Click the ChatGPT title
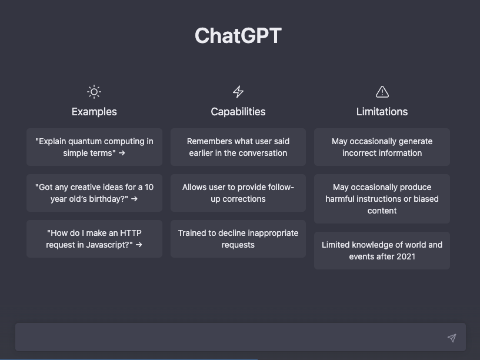(238, 36)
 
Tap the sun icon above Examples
(94, 92)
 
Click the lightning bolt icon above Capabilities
(238, 92)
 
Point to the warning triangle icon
(382, 92)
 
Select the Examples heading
(94, 112)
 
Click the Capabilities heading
(238, 112)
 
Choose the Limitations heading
(382, 112)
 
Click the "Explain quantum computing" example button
(94, 147)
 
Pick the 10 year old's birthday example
(94, 193)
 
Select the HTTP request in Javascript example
(94, 239)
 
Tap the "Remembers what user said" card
(238, 147)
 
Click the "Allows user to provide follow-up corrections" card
(238, 193)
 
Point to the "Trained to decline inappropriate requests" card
(238, 239)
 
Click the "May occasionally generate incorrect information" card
(382, 147)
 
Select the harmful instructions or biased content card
(382, 199)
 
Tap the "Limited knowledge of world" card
(382, 251)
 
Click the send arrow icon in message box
(452, 338)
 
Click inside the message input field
(229, 338)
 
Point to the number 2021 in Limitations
(406, 256)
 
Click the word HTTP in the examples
(131, 233)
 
